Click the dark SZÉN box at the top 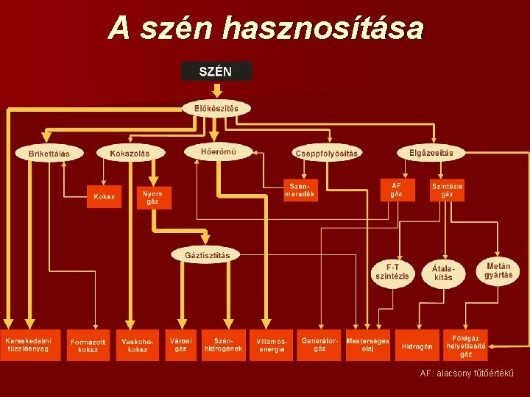[x=216, y=71]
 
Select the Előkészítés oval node [x=216, y=109]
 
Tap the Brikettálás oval [x=49, y=153]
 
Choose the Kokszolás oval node [x=130, y=153]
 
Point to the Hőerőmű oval [x=218, y=151]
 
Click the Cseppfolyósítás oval [x=326, y=153]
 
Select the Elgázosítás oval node [x=431, y=152]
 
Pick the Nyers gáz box [x=153, y=197]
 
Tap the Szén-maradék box [x=301, y=190]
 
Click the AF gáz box [x=397, y=189]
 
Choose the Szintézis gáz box [x=448, y=190]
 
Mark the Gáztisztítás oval [x=207, y=255]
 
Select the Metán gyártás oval [x=499, y=270]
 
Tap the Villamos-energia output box [x=272, y=345]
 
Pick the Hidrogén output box [x=417, y=346]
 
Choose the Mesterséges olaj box [x=367, y=345]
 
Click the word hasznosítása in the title [x=322, y=29]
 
